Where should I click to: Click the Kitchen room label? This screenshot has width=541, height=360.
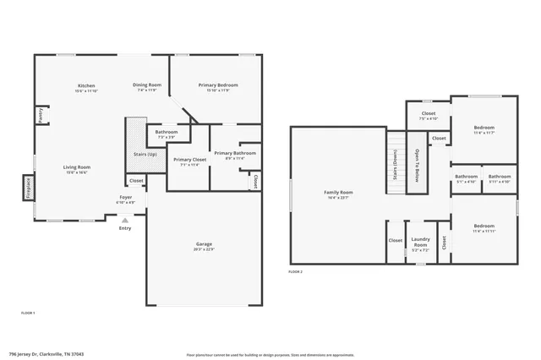(86, 85)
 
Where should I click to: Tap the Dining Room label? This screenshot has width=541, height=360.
(146, 85)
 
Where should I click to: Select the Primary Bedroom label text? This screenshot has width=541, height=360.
(218, 85)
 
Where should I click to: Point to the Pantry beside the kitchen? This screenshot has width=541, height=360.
(40, 114)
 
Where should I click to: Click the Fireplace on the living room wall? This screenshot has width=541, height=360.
(28, 186)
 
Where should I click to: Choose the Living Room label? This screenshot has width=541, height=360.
(77, 167)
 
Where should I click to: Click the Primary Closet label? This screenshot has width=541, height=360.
(189, 160)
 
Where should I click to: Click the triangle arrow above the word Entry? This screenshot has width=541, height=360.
(125, 219)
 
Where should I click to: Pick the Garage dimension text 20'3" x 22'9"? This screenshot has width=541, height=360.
(204, 249)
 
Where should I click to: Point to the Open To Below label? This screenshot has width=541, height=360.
(417, 166)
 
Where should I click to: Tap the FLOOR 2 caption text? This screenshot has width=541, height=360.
(295, 271)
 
